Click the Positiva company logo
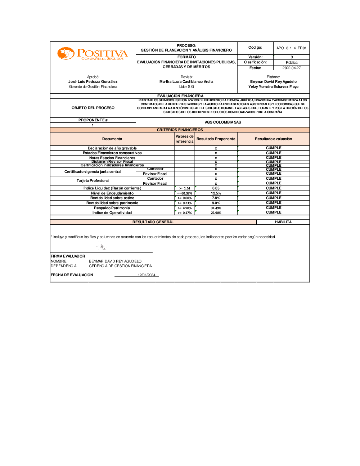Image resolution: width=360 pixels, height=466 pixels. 93,54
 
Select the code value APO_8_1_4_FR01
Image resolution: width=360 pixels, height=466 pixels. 291,48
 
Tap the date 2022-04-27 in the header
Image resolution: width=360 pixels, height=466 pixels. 291,68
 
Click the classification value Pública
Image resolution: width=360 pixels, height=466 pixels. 291,62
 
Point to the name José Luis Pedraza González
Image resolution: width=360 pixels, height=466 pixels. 93,82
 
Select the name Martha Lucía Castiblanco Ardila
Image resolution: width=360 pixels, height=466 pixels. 186,82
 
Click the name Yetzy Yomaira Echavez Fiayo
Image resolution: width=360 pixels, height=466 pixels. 273,86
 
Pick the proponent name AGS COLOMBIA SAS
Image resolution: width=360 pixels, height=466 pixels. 223,122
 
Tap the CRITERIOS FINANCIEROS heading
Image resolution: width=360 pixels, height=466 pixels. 180,130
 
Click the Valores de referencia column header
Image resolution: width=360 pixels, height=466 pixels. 184,139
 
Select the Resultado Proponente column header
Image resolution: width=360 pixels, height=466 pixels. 216,139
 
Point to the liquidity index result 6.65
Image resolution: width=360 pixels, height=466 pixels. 216,188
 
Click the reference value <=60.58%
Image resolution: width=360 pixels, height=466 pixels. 185,193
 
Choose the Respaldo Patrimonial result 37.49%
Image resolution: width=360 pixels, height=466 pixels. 216,208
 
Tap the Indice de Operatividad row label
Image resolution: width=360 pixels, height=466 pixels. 112,213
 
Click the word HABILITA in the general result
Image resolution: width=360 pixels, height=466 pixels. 283,222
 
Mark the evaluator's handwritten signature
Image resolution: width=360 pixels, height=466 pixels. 102,247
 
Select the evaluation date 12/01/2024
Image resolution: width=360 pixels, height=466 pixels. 147,275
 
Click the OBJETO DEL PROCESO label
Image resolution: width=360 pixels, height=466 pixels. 93,108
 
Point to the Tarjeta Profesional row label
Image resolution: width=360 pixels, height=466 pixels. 93,181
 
